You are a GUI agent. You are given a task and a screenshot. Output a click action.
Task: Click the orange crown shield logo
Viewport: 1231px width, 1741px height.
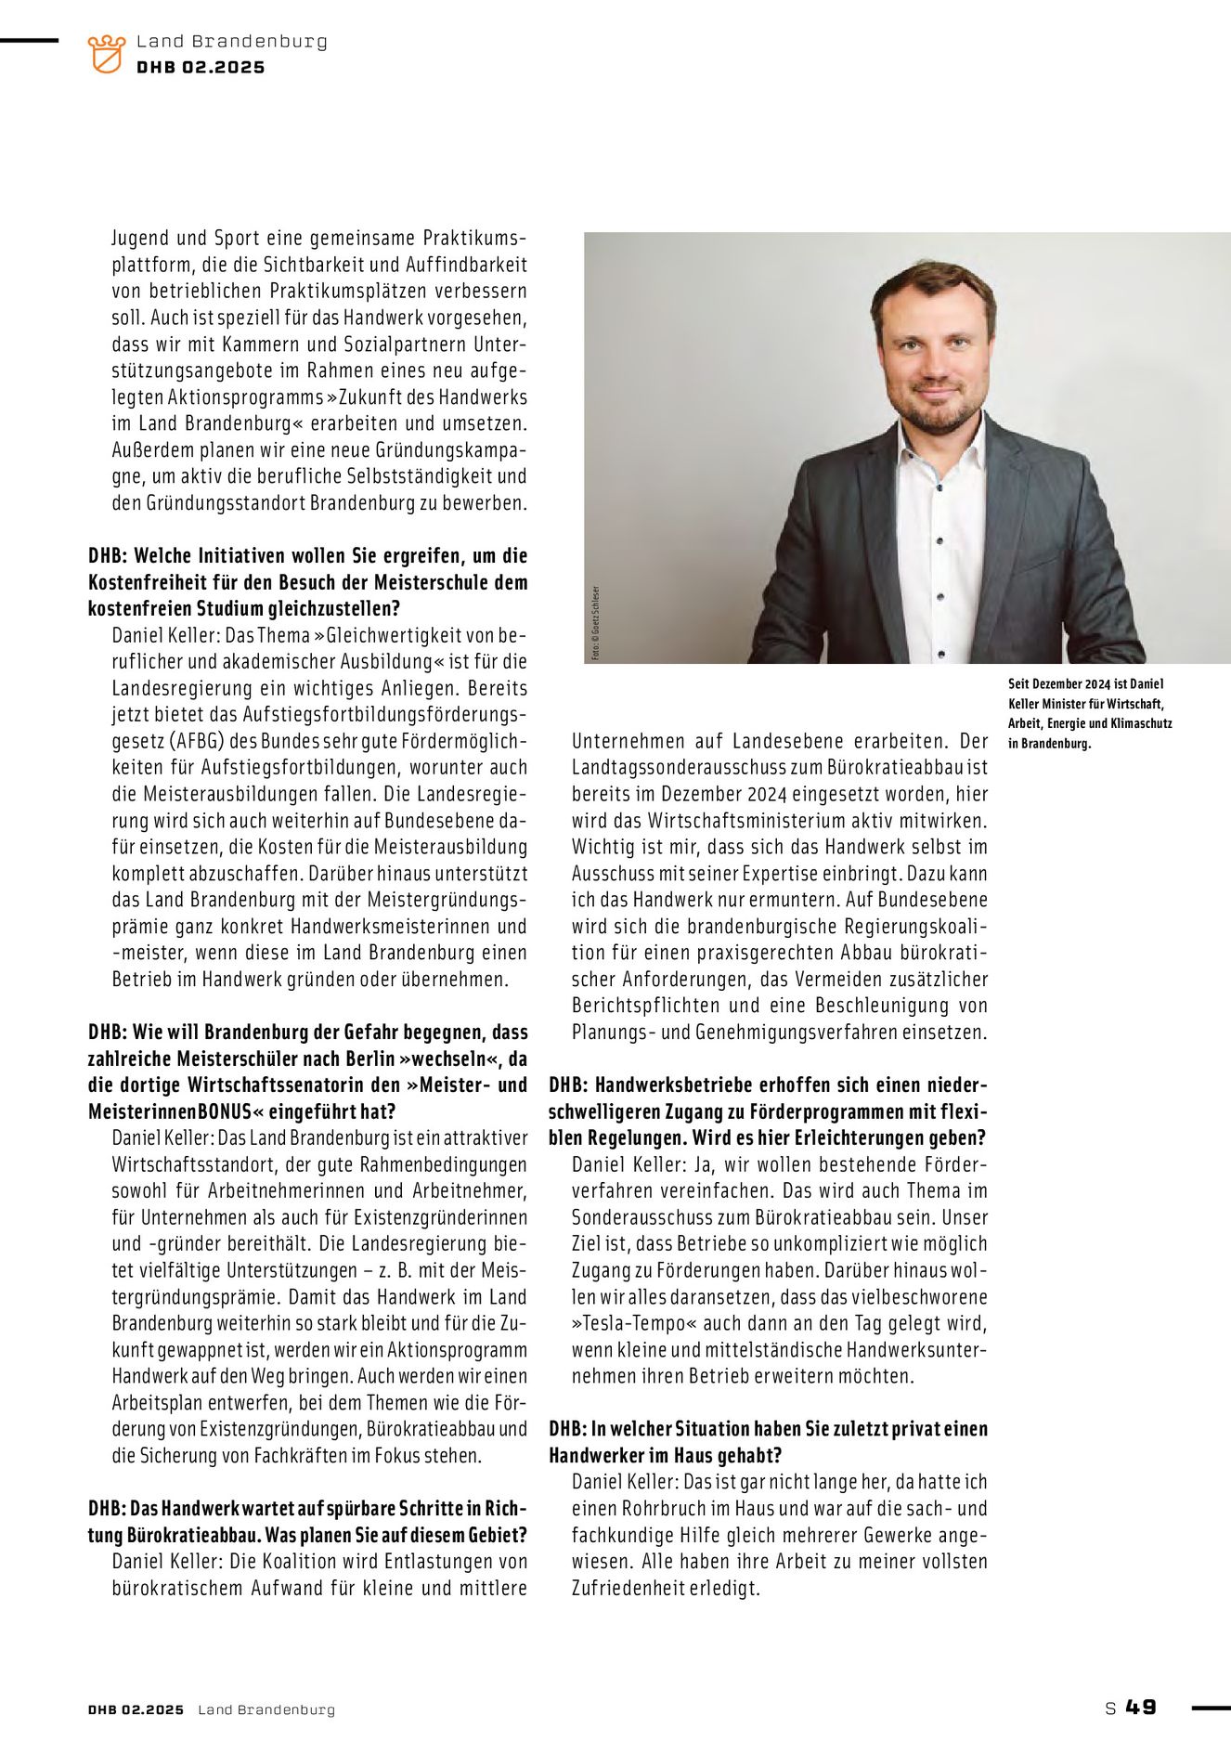(x=106, y=54)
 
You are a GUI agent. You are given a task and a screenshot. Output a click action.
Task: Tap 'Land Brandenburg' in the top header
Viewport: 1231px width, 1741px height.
(x=231, y=42)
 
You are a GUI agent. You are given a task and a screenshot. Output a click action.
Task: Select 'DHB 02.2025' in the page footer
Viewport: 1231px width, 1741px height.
(x=136, y=1709)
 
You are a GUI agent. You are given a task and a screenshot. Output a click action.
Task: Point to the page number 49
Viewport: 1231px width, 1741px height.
(x=1141, y=1707)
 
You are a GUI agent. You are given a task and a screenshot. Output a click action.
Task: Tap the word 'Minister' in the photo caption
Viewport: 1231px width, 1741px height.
(x=1072, y=704)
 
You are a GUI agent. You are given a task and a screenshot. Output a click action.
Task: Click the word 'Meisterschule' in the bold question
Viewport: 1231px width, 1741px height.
(x=341, y=582)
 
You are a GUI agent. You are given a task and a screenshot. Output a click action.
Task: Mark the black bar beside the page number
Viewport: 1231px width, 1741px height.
(x=1210, y=1708)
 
